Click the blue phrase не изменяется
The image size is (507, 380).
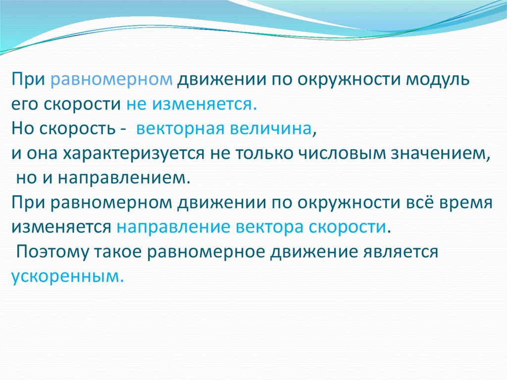(x=191, y=105)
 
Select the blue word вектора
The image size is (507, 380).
(x=270, y=227)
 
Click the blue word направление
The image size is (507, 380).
(x=174, y=227)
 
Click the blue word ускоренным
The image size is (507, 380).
(x=66, y=276)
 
